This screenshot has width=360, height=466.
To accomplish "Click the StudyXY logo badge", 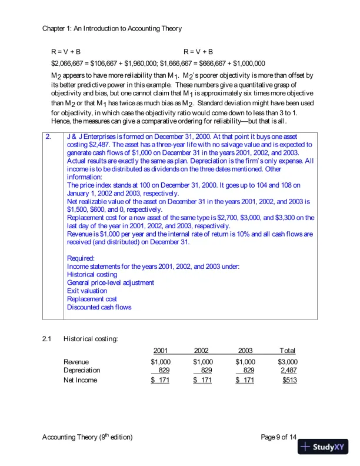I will coord(323,447).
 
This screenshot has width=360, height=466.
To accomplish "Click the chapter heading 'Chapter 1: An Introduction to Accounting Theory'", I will coord(112,28).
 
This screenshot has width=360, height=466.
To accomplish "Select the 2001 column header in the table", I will coord(161,351).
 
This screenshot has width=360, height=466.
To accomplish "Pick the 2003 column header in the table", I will coord(246,351).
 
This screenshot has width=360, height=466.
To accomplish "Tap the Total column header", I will coord(288,351).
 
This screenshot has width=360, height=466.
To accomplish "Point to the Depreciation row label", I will coord(82,370).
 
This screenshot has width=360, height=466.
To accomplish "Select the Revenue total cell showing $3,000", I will coord(288,362).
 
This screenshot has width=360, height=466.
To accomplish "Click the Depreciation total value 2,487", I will coord(289,370).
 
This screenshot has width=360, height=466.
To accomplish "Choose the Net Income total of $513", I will coord(289,381).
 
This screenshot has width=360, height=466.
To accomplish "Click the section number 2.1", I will coord(48,339).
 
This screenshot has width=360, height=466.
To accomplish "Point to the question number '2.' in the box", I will coord(49,137).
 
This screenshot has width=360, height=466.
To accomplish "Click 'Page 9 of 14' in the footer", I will coord(279,437).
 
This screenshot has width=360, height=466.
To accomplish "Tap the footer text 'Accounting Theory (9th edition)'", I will coord(88,437).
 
